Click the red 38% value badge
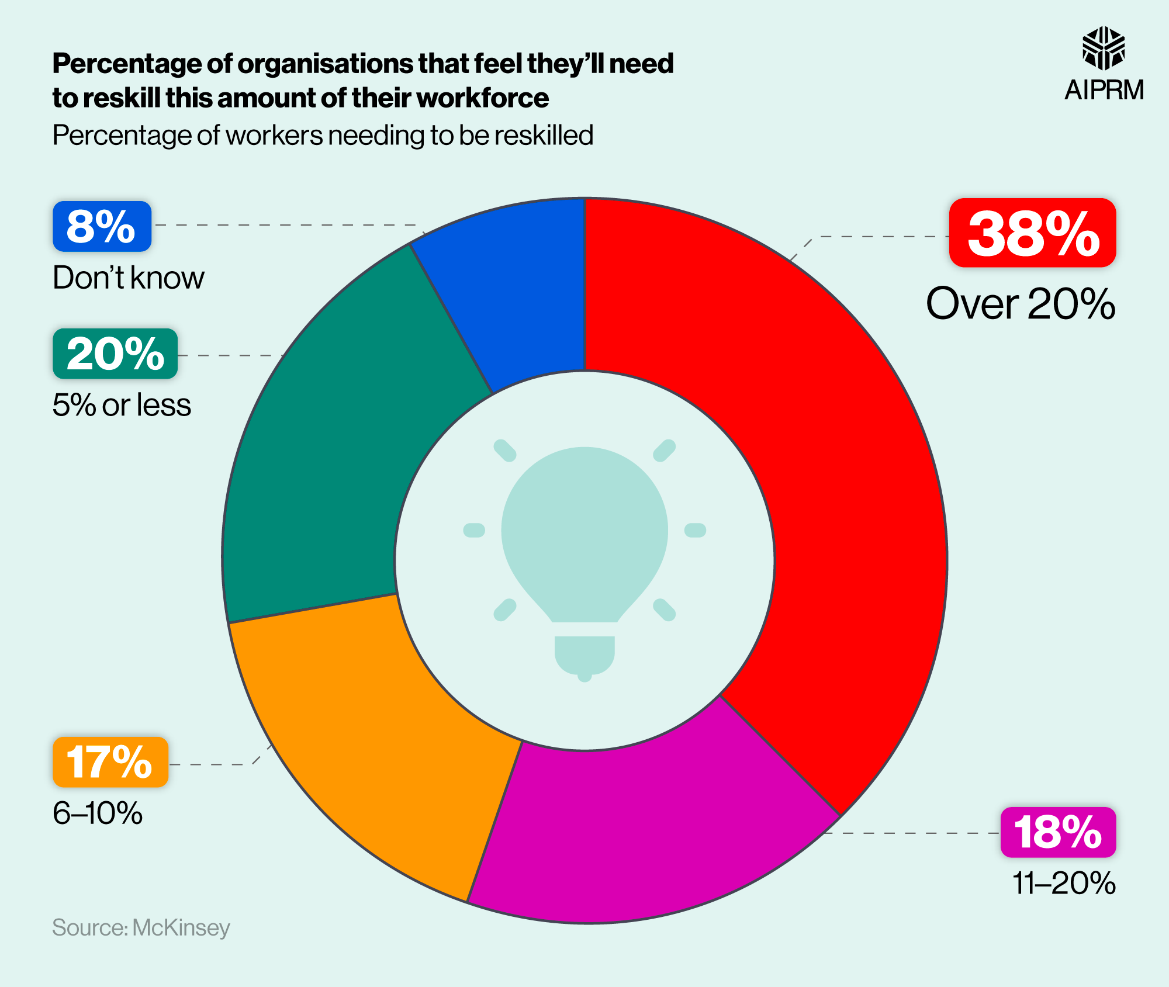tap(1032, 233)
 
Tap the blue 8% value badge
tap(102, 227)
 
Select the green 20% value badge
tap(115, 354)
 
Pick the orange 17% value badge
tap(110, 762)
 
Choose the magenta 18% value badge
tap(1058, 832)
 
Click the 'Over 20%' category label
tap(1021, 304)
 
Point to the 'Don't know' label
tap(129, 278)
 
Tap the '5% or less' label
tap(122, 405)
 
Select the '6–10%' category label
tap(98, 813)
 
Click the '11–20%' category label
tap(1064, 883)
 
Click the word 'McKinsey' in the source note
tap(181, 928)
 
